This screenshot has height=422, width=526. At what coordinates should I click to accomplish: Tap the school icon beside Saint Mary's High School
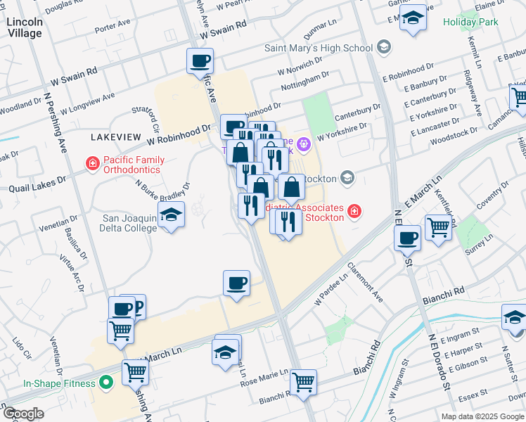(384, 48)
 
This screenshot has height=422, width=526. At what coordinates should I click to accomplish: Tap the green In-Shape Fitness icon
(105, 383)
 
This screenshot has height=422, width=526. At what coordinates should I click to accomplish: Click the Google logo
(23, 414)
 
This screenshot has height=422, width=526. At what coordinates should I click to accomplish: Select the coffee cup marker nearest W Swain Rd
(200, 60)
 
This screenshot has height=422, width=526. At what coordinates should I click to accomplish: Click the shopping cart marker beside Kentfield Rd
(438, 227)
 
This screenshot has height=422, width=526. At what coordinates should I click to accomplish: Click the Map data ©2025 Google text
(482, 416)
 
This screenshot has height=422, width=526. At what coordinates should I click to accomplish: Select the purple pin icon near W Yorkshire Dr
(303, 146)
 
